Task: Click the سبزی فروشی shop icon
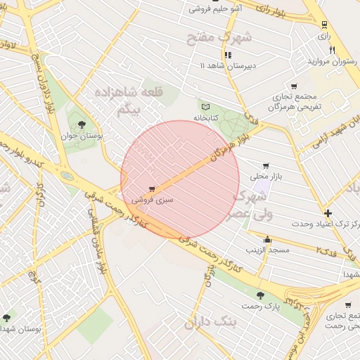pos(153,189)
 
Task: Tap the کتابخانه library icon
pos(206,105)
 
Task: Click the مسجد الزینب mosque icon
pos(267,240)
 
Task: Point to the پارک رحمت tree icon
pos(261,296)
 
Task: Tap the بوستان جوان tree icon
pos(83,124)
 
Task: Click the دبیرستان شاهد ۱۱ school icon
pos(228,55)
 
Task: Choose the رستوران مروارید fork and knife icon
pos(333,50)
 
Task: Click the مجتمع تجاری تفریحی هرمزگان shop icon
pos(294,86)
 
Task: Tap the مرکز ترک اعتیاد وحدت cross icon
pos(328,213)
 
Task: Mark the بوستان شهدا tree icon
pos(7,318)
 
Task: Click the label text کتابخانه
pos(207,117)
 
